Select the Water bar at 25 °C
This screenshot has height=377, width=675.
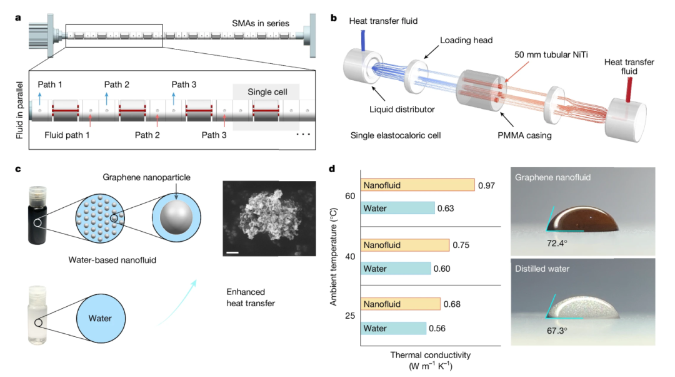(x=393, y=328)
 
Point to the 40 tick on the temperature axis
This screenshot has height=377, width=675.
(x=350, y=257)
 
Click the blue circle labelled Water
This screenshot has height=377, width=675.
(x=100, y=318)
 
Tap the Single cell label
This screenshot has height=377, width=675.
(x=267, y=91)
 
